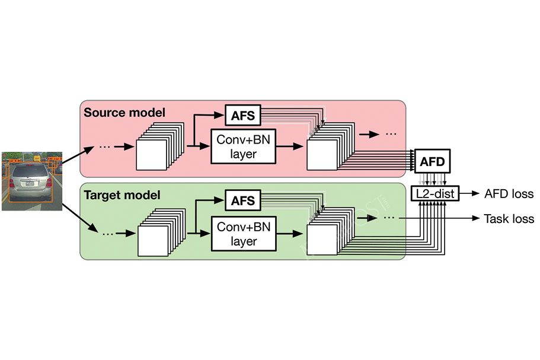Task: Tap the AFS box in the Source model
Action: click(x=242, y=116)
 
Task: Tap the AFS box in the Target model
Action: click(x=242, y=200)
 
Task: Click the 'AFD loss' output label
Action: click(x=509, y=193)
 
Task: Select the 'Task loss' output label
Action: click(x=509, y=219)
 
